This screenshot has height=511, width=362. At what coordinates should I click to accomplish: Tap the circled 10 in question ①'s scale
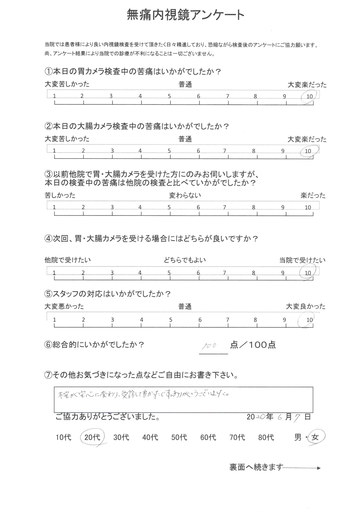pos(309,96)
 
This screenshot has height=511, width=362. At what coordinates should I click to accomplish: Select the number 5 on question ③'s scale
pos(169,208)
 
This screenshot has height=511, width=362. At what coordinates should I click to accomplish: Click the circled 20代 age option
pos(92,437)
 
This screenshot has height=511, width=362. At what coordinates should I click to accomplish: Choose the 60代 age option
pos(208,437)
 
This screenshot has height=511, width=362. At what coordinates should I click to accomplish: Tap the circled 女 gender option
pos(315,437)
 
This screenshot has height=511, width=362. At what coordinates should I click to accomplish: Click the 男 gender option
pos(298,437)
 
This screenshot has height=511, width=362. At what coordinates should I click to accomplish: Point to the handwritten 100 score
pos(209,345)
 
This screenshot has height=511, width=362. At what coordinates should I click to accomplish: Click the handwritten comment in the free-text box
pos(143,395)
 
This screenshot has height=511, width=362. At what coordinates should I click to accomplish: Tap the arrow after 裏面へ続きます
pos(302,468)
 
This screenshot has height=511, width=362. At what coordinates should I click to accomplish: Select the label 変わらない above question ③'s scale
pos(185,195)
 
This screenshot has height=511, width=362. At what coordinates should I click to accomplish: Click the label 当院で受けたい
pos(302,260)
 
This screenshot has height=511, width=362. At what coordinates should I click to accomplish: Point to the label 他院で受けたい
pos(68,260)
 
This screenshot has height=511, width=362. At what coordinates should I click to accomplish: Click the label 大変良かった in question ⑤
pos(305,306)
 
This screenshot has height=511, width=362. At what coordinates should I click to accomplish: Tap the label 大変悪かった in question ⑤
pos(64,306)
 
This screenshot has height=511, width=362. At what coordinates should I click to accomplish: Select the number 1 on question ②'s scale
pos(54,151)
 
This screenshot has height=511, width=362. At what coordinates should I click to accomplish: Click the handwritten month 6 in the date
pos(280,417)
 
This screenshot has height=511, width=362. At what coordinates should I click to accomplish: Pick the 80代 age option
pos(266,437)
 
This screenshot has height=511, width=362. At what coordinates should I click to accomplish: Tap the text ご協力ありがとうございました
pos(108,417)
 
